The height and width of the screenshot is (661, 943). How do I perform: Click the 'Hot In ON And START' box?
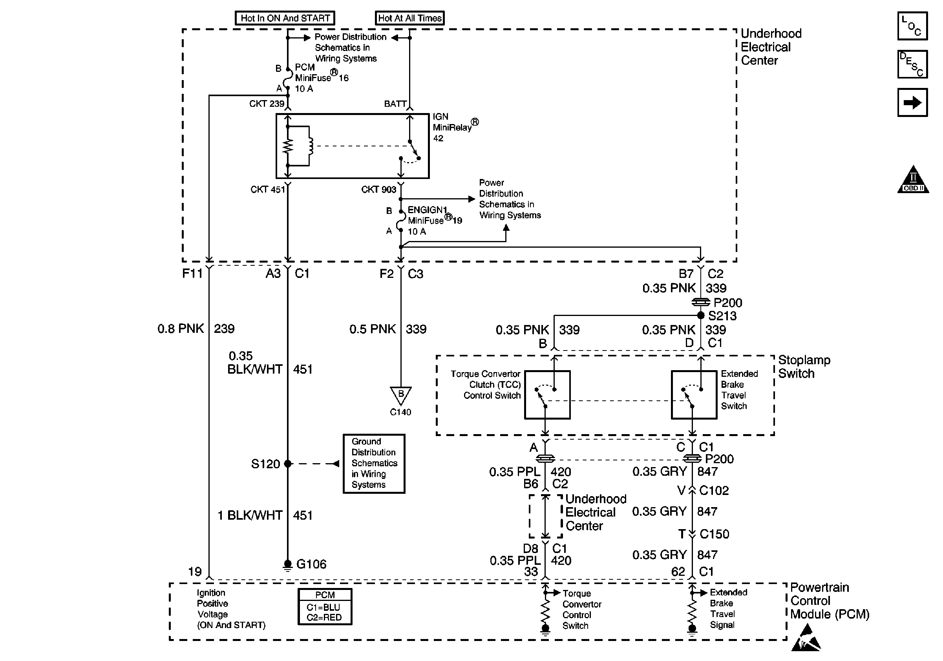(285, 18)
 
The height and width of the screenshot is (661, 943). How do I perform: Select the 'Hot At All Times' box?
(409, 18)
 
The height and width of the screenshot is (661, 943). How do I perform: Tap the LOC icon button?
(912, 26)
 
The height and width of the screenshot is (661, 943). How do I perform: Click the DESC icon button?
(912, 64)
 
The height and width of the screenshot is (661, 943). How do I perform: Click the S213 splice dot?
(701, 315)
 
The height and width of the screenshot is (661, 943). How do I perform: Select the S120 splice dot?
(287, 464)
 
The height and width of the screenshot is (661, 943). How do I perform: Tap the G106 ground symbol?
(287, 564)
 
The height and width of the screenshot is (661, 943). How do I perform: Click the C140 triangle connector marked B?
(400, 395)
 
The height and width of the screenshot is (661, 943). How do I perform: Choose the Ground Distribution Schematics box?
(374, 463)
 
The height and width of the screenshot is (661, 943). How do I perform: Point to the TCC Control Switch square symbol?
(547, 395)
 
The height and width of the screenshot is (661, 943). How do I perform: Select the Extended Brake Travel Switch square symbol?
(694, 395)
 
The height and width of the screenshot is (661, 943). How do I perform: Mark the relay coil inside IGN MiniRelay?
(311, 146)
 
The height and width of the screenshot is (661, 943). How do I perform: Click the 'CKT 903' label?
(378, 190)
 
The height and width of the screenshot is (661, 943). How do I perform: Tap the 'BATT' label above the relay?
(395, 104)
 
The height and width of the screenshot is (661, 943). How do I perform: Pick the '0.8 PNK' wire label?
(181, 329)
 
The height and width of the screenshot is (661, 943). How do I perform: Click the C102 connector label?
(714, 491)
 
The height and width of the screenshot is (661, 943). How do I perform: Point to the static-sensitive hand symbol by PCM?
(806, 638)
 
